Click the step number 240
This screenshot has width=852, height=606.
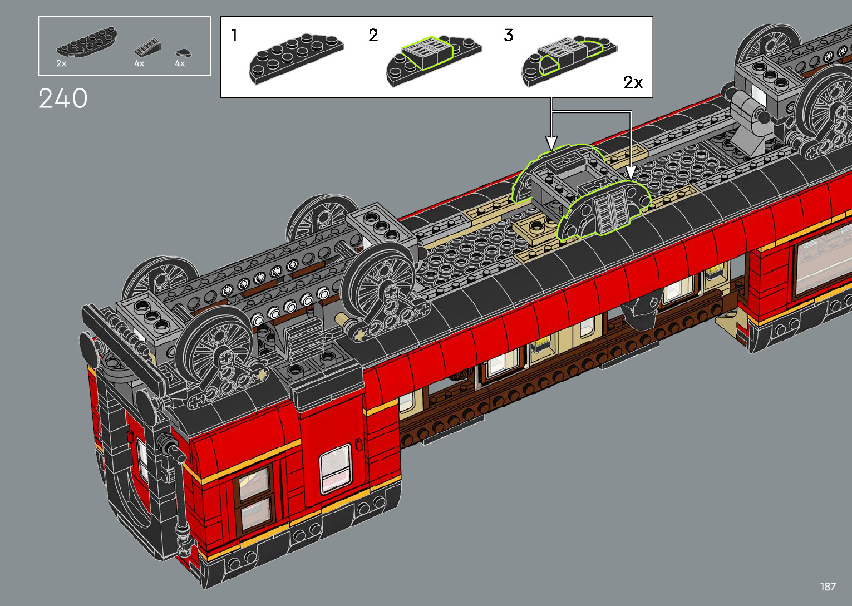(63, 98)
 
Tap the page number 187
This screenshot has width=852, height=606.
(828, 586)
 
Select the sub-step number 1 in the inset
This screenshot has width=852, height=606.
(234, 35)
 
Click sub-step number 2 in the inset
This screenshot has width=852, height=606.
(373, 35)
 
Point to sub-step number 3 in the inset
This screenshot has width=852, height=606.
(509, 35)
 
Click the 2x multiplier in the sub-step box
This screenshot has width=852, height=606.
(633, 82)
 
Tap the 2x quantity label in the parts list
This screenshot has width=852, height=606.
(61, 63)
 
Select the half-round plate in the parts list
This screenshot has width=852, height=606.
(87, 41)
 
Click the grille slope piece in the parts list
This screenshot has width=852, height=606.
(147, 47)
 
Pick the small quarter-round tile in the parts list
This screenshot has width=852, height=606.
(183, 53)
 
